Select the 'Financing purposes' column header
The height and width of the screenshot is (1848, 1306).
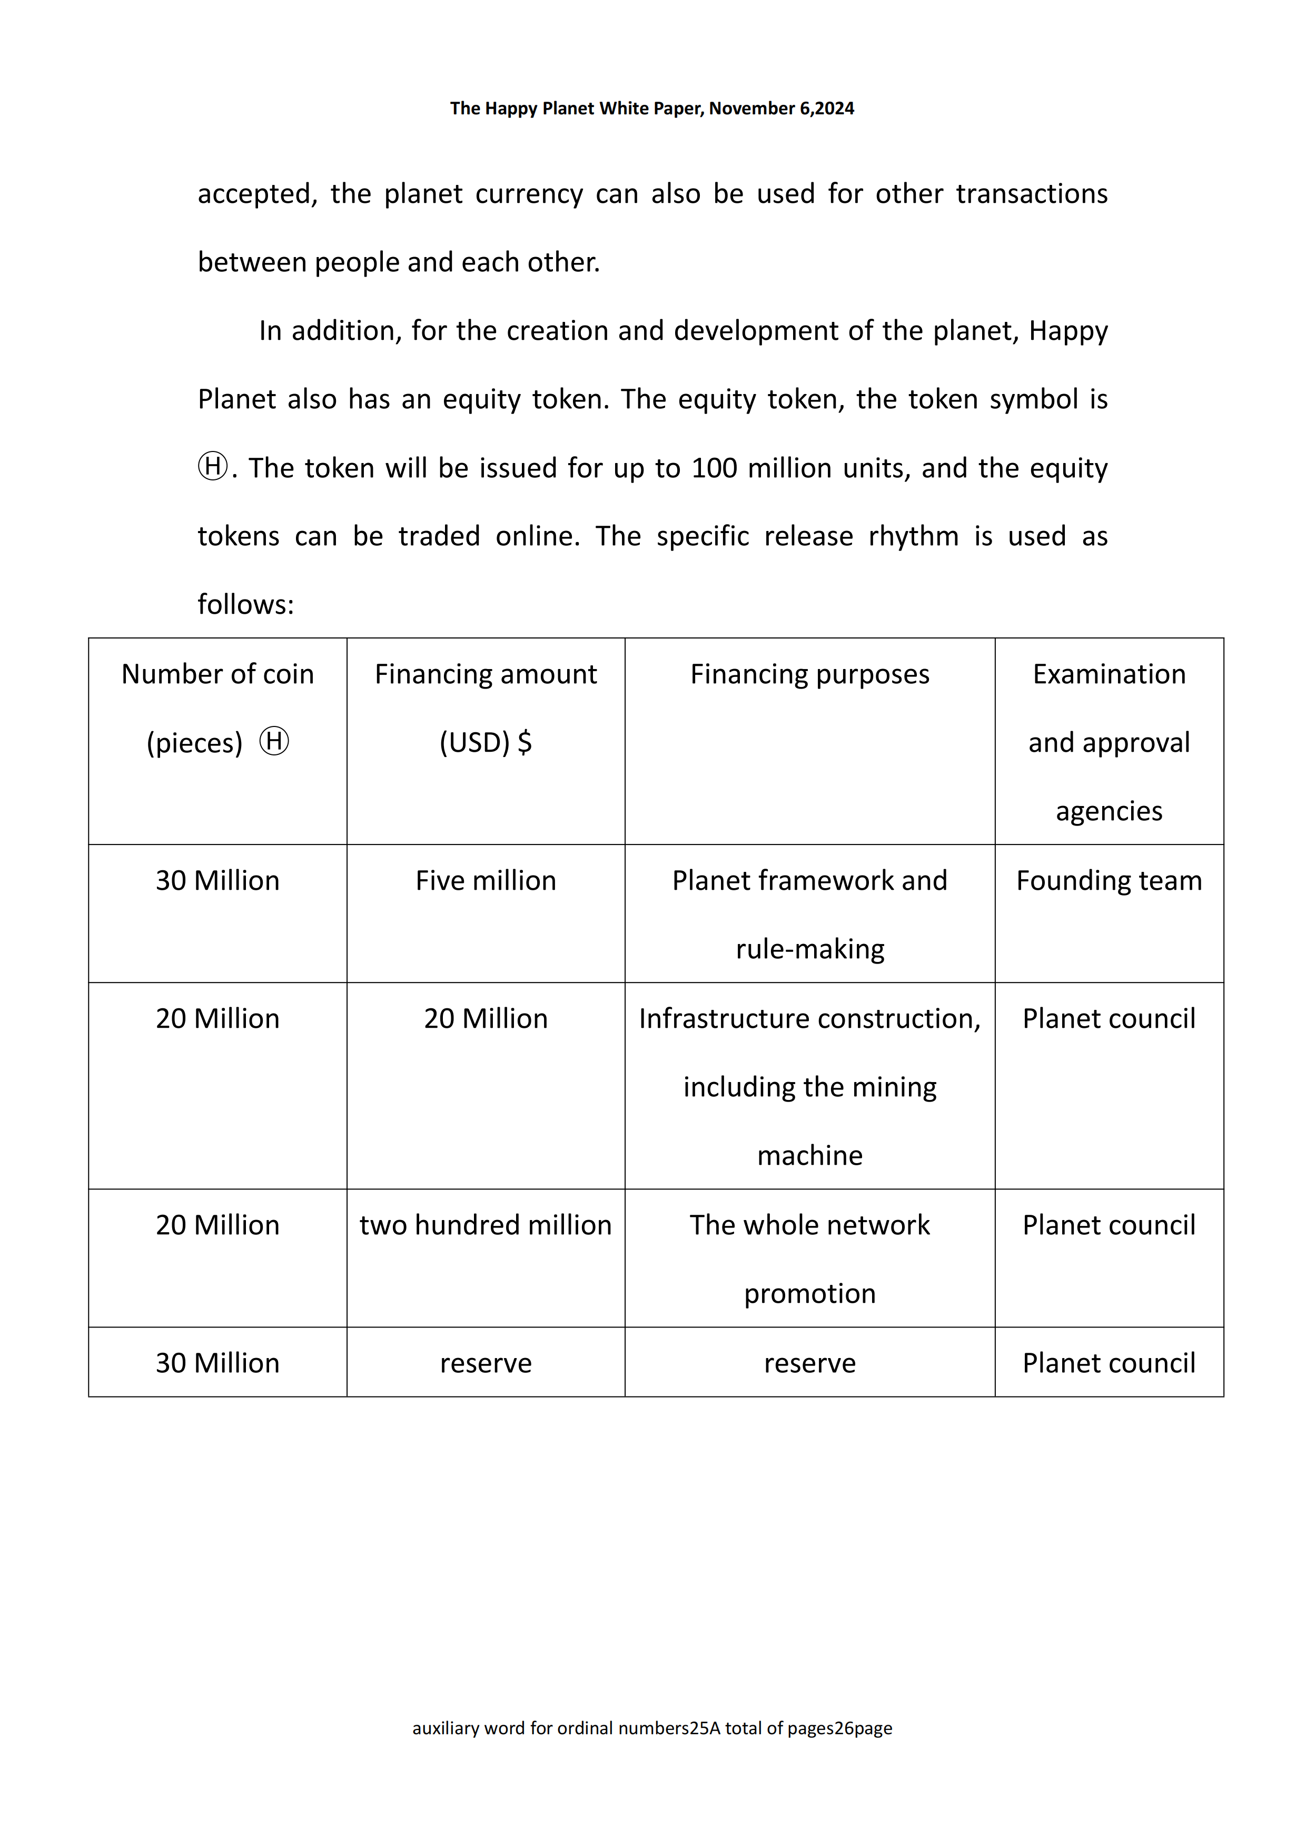coord(809,674)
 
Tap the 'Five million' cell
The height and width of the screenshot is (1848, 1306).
coord(485,880)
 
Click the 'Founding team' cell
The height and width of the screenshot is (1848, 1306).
coord(1109,880)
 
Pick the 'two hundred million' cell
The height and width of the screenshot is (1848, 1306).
coord(485,1225)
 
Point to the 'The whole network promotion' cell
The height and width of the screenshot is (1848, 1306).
coord(809,1259)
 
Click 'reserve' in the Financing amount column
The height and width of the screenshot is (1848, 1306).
coord(485,1363)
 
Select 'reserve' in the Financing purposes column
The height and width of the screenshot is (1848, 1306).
coord(809,1363)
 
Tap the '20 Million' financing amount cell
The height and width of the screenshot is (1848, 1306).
coord(485,1019)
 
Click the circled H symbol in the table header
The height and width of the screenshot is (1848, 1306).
coord(274,741)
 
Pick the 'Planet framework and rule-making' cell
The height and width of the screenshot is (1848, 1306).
coord(809,915)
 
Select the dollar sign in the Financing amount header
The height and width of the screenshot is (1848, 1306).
coord(525,742)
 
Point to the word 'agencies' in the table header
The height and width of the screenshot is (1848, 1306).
coord(1109,811)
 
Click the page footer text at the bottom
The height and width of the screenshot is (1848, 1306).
coord(652,1728)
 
